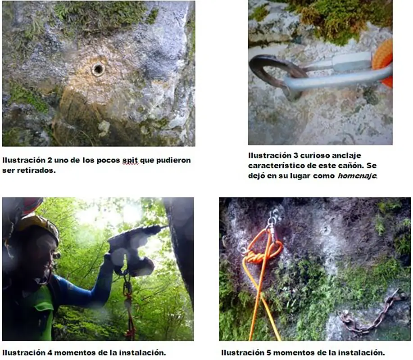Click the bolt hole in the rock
(x=98, y=70)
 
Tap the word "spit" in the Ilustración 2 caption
(x=130, y=160)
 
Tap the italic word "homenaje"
(x=358, y=175)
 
